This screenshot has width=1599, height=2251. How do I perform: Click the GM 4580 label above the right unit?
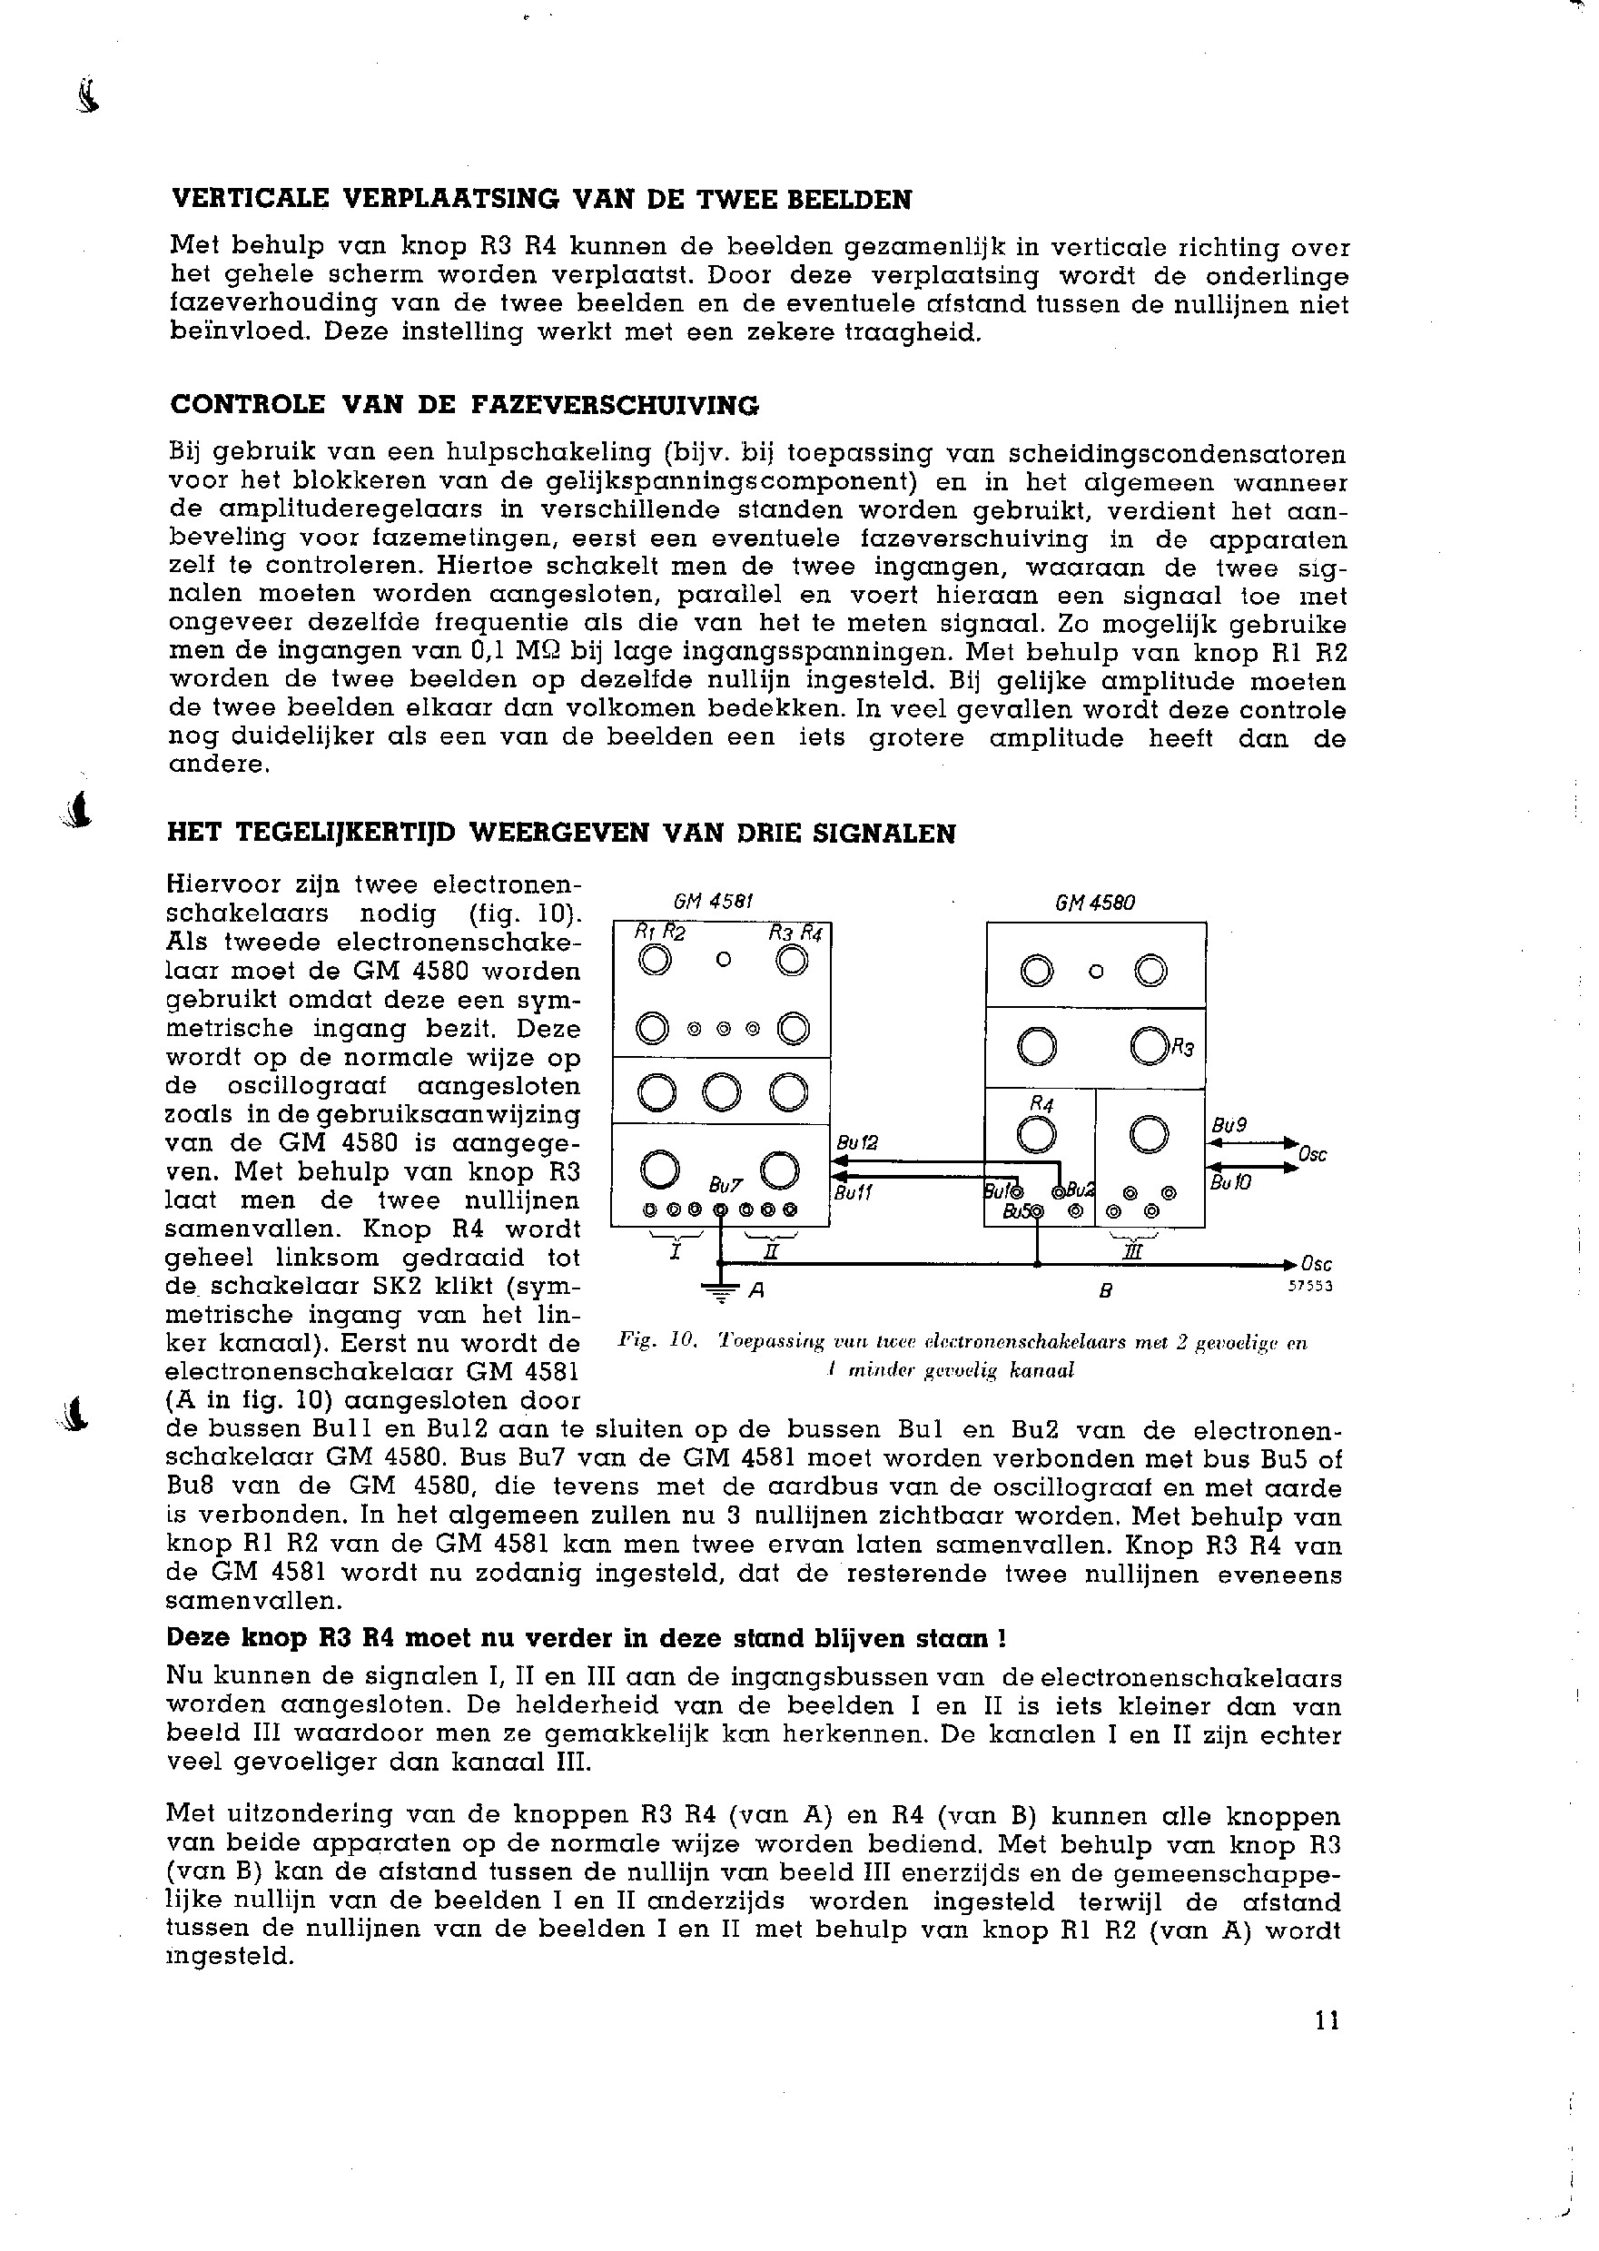[x=1095, y=902]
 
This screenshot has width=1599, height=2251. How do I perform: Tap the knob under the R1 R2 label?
[x=654, y=959]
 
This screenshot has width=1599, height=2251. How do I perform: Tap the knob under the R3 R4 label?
[x=791, y=959]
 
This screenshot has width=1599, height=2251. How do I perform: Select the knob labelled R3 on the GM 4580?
[x=1149, y=1046]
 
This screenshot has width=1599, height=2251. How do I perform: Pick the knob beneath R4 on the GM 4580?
[x=1036, y=1135]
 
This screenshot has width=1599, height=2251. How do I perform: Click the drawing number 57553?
[x=1309, y=1286]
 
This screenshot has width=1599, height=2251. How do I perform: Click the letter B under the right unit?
[x=1106, y=1291]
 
